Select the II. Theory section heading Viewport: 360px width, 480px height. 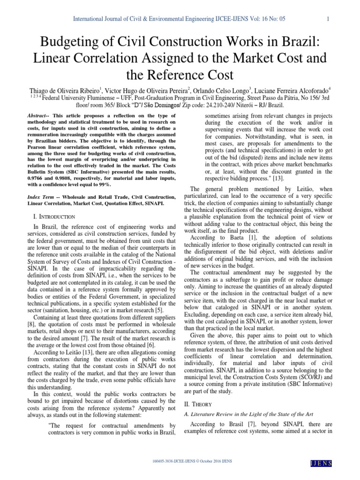click(x=194, y=404)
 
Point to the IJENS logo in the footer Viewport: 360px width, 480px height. click(x=322, y=463)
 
